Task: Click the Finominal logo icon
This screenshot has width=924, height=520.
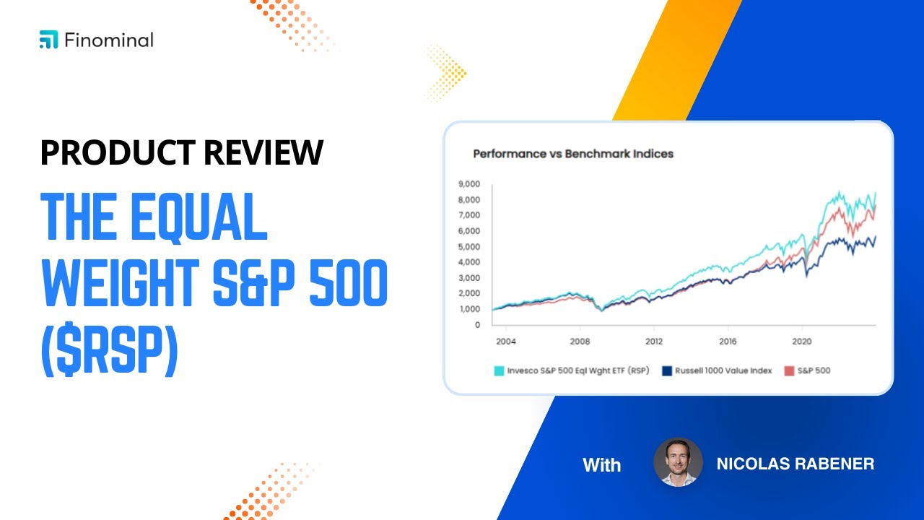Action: pos(48,40)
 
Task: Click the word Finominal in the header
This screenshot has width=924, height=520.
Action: pos(108,40)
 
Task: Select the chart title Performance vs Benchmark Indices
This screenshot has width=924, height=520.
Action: pos(572,154)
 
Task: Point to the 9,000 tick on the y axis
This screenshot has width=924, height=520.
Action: pos(470,184)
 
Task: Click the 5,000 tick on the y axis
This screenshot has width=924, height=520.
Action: pos(470,246)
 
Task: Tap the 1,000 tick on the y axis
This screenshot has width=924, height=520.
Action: pos(470,309)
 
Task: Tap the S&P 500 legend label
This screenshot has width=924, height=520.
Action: pos(814,370)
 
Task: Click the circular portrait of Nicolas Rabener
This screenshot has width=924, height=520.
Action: pos(678,462)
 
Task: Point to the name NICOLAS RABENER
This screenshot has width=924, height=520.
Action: pos(795,464)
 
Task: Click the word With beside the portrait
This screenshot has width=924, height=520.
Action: pos(601,465)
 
